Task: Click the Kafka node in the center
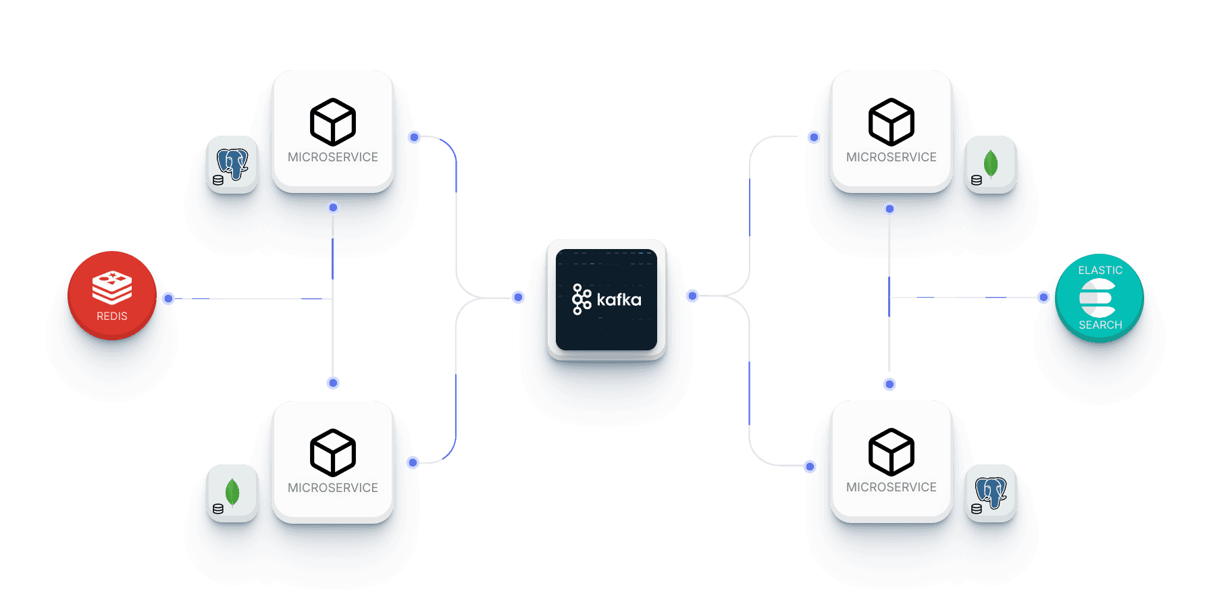606,299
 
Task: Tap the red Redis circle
112,295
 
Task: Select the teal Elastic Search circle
1099,298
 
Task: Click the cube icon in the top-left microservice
333,122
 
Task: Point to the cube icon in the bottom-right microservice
892,452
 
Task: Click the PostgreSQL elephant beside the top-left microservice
232,164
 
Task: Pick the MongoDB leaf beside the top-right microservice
991,164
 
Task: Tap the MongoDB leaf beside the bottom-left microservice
232,493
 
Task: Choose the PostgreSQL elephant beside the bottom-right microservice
991,493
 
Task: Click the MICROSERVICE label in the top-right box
892,157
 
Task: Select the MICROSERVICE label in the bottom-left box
333,488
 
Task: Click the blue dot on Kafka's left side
518,297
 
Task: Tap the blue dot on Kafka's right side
692,296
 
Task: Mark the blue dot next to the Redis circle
168,298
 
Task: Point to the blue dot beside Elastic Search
1043,297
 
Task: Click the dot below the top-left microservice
333,207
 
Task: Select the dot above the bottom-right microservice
889,384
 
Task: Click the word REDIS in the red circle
112,317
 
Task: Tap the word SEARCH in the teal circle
1100,325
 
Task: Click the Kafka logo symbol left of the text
582,300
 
